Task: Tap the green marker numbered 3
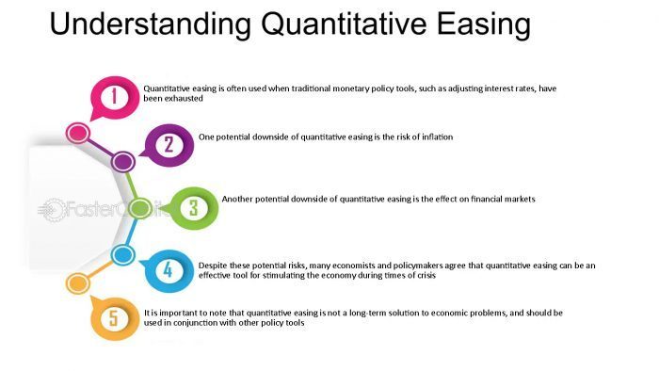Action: (192, 207)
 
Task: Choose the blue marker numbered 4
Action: (168, 270)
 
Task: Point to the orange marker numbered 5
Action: (115, 318)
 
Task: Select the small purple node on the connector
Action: (123, 162)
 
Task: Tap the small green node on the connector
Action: (139, 208)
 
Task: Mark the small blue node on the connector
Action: (121, 254)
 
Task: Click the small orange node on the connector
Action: (77, 282)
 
